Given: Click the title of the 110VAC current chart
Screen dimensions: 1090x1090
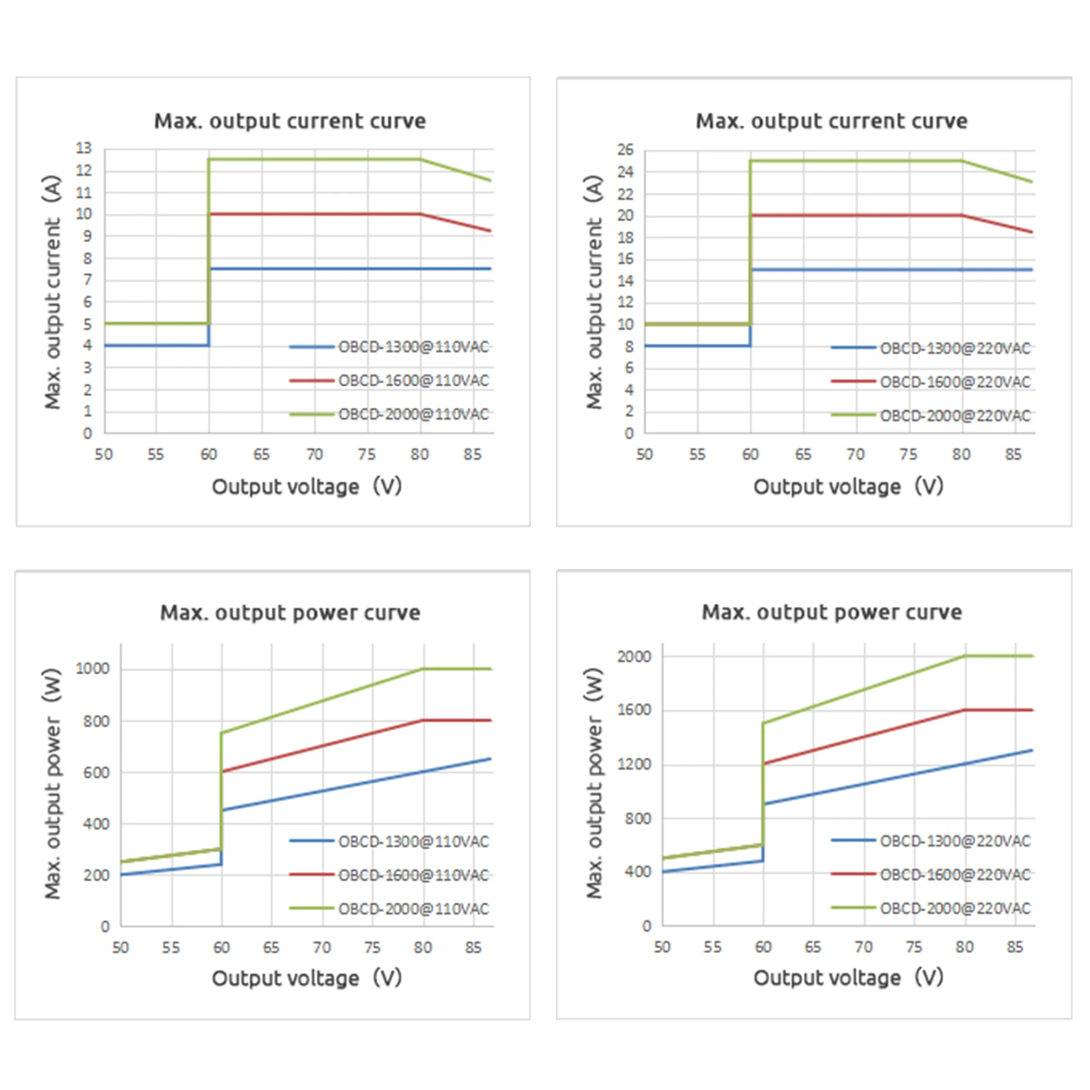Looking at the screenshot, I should tap(290, 122).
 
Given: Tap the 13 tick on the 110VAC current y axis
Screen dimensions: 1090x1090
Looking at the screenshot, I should tap(84, 148).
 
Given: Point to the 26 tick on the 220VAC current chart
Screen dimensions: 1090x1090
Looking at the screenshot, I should tap(625, 150).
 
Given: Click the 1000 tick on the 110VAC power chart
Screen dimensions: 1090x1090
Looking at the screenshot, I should tap(93, 669).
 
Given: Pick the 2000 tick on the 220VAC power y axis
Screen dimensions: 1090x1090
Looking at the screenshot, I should tap(634, 656).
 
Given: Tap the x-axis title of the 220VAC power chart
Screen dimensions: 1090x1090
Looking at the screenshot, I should tap(848, 978).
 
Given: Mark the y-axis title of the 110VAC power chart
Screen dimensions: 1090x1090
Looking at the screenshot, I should tap(52, 784).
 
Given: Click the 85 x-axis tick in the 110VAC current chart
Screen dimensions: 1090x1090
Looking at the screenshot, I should tap(472, 454).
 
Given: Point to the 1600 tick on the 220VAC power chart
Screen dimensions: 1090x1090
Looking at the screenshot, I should tap(634, 710).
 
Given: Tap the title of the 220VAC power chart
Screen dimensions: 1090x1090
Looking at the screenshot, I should tap(832, 613).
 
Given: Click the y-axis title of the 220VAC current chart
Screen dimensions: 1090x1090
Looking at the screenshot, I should tap(594, 292).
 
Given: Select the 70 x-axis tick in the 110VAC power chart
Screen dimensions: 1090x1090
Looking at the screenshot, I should tap(322, 947).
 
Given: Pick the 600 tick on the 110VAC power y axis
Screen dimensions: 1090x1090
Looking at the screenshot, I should tap(96, 772).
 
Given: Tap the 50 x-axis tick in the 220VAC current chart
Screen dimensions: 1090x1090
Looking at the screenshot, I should tap(644, 454).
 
